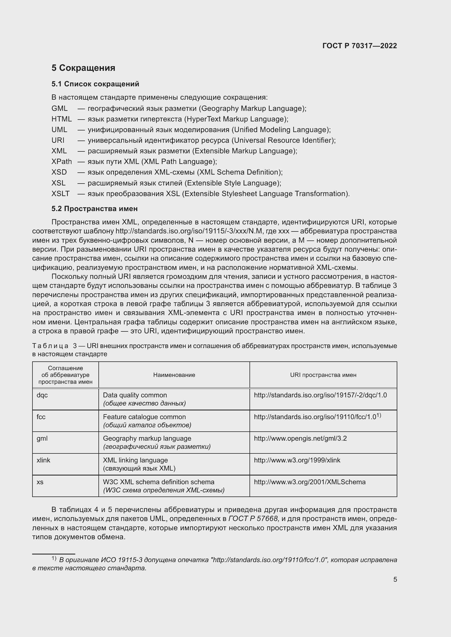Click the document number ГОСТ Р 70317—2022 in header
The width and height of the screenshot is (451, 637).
click(x=359, y=46)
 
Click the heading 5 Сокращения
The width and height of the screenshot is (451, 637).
click(x=83, y=68)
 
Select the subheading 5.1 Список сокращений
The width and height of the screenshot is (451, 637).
click(x=95, y=84)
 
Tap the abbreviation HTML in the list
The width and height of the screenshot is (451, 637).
click(x=61, y=119)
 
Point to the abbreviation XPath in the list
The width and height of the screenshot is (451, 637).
click(x=61, y=161)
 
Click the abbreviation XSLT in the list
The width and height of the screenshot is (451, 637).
click(x=60, y=194)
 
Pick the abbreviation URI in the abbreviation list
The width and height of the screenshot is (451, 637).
click(x=58, y=140)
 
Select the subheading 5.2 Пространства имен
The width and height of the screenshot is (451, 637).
click(x=94, y=209)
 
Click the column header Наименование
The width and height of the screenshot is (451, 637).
click(x=174, y=375)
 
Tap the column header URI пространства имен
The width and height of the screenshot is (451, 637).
click(x=323, y=375)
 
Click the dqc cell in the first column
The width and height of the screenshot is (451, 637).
click(x=42, y=395)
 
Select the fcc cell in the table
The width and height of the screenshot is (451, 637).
click(x=41, y=417)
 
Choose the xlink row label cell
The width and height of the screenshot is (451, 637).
click(x=43, y=460)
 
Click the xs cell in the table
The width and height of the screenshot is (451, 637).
click(x=40, y=482)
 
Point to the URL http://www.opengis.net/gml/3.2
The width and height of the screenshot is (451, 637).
click(x=300, y=438)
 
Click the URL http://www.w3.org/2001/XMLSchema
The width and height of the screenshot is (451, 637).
click(x=310, y=482)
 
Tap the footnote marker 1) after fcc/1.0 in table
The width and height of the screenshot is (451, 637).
click(x=379, y=415)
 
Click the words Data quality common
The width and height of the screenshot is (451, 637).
click(x=135, y=395)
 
